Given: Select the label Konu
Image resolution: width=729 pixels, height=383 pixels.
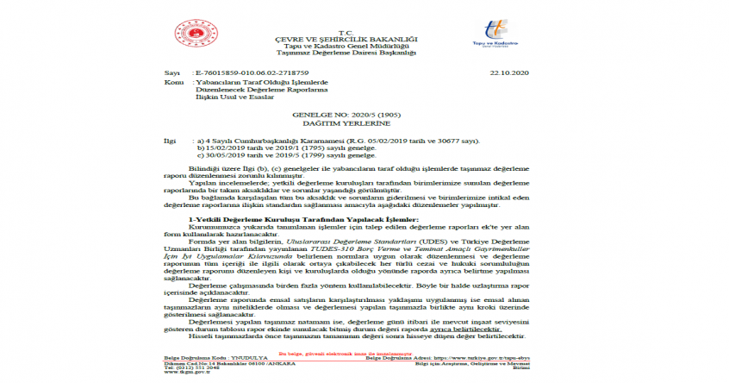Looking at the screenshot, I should tap(172, 83).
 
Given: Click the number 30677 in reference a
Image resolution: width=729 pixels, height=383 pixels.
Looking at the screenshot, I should tap(453, 140).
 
